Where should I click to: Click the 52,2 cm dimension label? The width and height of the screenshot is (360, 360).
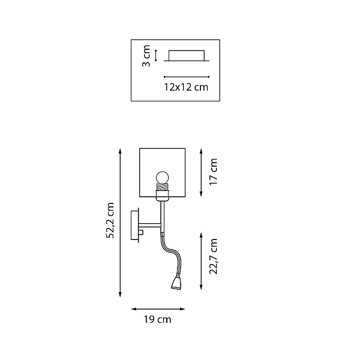click(110, 220)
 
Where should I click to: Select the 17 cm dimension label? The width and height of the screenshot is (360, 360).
click(213, 172)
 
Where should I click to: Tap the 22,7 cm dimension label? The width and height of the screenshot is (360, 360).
click(213, 256)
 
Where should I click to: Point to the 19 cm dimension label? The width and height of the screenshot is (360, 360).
click(157, 320)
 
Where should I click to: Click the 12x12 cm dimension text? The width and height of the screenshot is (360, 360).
click(186, 87)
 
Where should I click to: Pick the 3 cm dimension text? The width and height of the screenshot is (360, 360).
click(146, 56)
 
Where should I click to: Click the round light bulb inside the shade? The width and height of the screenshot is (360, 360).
click(163, 177)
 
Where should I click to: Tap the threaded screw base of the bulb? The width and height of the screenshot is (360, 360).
click(163, 187)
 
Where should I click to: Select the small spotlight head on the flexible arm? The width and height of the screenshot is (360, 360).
click(176, 283)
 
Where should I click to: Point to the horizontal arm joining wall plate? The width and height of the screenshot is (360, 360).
click(149, 225)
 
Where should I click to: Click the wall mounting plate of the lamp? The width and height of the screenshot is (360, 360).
click(135, 225)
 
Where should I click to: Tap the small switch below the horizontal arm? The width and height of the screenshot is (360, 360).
click(141, 232)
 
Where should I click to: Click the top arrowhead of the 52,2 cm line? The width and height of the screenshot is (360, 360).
click(120, 151)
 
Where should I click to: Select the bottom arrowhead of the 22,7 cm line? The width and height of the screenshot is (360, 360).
click(201, 287)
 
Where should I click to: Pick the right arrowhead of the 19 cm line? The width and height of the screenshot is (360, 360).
click(182, 309)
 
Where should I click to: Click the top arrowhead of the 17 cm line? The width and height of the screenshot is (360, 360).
click(201, 151)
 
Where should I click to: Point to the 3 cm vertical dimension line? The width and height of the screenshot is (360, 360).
click(155, 55)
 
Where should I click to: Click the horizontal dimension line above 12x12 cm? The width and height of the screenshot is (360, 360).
click(187, 77)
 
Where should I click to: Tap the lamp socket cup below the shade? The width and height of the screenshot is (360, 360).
click(163, 196)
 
